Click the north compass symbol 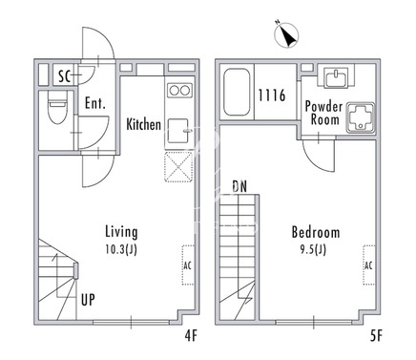point(286,35)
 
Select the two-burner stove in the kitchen point(180,91)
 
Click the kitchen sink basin point(177,131)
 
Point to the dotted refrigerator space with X point(178,167)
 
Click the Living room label point(121,232)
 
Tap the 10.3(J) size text point(121,249)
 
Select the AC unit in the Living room point(188,265)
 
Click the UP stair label point(88,300)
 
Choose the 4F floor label point(191,335)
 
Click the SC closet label point(65,76)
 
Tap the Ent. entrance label point(94,103)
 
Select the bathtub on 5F point(237,92)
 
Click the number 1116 point(272,95)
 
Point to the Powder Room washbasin point(336,78)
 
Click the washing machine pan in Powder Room point(361,117)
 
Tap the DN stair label point(239,187)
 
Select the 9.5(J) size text point(313,249)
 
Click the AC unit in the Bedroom point(369,265)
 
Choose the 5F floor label point(376,335)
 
